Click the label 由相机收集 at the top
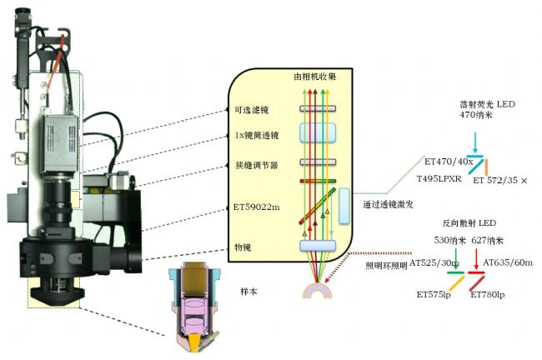pos(315,77)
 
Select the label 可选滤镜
pos(252,110)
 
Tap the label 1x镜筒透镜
pos(257,136)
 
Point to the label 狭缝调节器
pos(257,165)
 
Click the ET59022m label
pos(257,207)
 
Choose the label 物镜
pos(243,247)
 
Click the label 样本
pos(248,292)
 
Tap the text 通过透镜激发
pos(388,204)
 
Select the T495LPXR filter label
pos(439,178)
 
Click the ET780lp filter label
pos(488,295)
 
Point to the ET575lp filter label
pos(434,295)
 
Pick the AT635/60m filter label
pos(508,262)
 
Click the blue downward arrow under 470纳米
pos(475,142)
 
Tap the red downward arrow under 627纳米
pos(476,258)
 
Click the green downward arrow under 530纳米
pos(456,258)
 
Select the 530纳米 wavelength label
pos(450,241)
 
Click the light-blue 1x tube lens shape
pos(318,132)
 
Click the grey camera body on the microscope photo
pos(60,143)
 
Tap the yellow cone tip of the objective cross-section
pos(195,344)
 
